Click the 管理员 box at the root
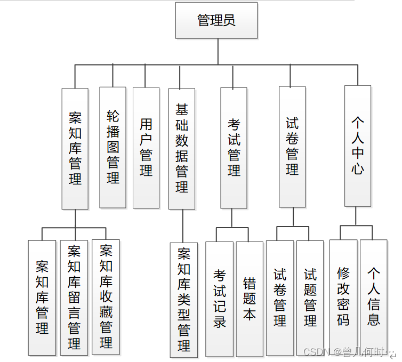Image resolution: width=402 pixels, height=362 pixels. pyautogui.click(x=216, y=20)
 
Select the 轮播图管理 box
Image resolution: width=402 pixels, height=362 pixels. pyautogui.click(x=112, y=147)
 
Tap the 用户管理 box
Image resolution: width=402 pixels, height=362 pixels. pyautogui.click(x=146, y=148)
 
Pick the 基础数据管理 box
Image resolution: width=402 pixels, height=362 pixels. pyautogui.click(x=182, y=148)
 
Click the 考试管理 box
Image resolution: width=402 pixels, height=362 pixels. pyautogui.click(x=234, y=148)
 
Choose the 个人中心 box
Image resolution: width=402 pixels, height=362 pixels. pyautogui.click(x=357, y=146)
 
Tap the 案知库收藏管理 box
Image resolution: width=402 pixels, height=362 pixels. pyautogui.click(x=106, y=296)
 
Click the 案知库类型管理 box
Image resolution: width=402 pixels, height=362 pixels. pyautogui.click(x=184, y=300)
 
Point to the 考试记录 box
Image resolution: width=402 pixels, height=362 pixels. pyautogui.click(x=219, y=299)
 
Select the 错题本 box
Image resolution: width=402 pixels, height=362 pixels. pyautogui.click(x=250, y=299)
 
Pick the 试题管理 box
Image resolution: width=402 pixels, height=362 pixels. pyautogui.click(x=310, y=297)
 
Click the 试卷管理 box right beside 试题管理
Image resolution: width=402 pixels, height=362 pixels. pyautogui.click(x=280, y=297)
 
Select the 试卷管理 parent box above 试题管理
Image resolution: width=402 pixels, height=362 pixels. pyautogui.click(x=292, y=147)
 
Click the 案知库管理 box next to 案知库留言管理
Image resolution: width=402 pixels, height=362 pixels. pyautogui.click(x=42, y=297)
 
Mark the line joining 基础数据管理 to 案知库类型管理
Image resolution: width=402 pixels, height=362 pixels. pyautogui.click(x=182, y=226)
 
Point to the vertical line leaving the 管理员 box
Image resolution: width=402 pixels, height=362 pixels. pyautogui.click(x=218, y=52)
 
